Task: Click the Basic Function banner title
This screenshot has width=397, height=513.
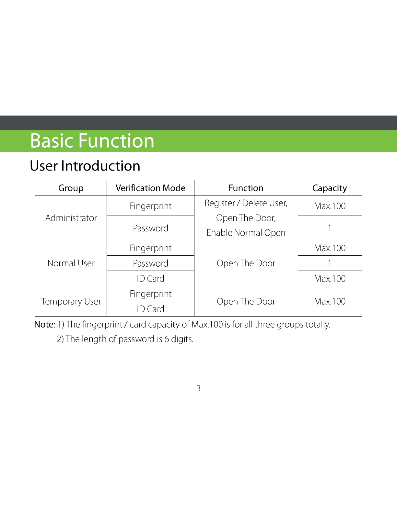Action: [92, 141]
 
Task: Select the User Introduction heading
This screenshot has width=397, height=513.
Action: [85, 166]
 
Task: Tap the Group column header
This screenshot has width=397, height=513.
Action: [71, 188]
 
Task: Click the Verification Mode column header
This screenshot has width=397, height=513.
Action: [150, 188]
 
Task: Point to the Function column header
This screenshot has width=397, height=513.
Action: [246, 188]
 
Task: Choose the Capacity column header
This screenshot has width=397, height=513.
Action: [330, 188]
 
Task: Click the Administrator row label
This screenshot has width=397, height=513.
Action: [71, 218]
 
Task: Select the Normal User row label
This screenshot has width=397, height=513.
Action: [71, 263]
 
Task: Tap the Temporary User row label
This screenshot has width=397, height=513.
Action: [71, 301]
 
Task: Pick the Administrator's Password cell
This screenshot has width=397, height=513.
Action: [150, 228]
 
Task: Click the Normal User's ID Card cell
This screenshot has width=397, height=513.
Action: [150, 279]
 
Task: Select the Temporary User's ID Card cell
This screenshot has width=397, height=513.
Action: [150, 309]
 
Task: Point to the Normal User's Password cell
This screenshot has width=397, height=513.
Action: [150, 263]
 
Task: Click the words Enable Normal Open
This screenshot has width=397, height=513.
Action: [246, 233]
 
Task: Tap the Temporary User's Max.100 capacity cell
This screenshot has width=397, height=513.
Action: [330, 301]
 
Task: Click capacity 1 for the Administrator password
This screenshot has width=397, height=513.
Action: [330, 228]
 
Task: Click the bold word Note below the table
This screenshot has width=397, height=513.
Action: [44, 324]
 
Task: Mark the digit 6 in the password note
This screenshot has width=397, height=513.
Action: [167, 339]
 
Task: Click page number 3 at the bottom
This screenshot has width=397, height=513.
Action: [198, 388]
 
